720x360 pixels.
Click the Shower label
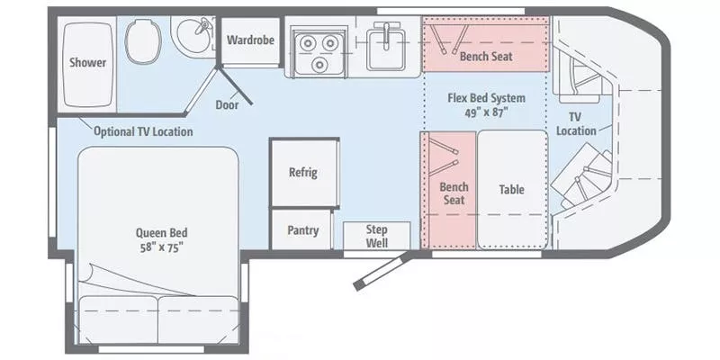87,63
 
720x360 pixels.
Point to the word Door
227,104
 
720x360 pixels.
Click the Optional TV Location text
143,132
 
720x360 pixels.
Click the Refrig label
302,173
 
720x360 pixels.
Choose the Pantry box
303,230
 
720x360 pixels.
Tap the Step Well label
376,236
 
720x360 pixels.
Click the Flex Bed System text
487,98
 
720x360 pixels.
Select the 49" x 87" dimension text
487,112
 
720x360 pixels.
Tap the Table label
511,190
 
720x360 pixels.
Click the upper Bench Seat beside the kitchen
486,56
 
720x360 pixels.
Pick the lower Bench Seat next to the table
454,193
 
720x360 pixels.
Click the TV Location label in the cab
576,124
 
